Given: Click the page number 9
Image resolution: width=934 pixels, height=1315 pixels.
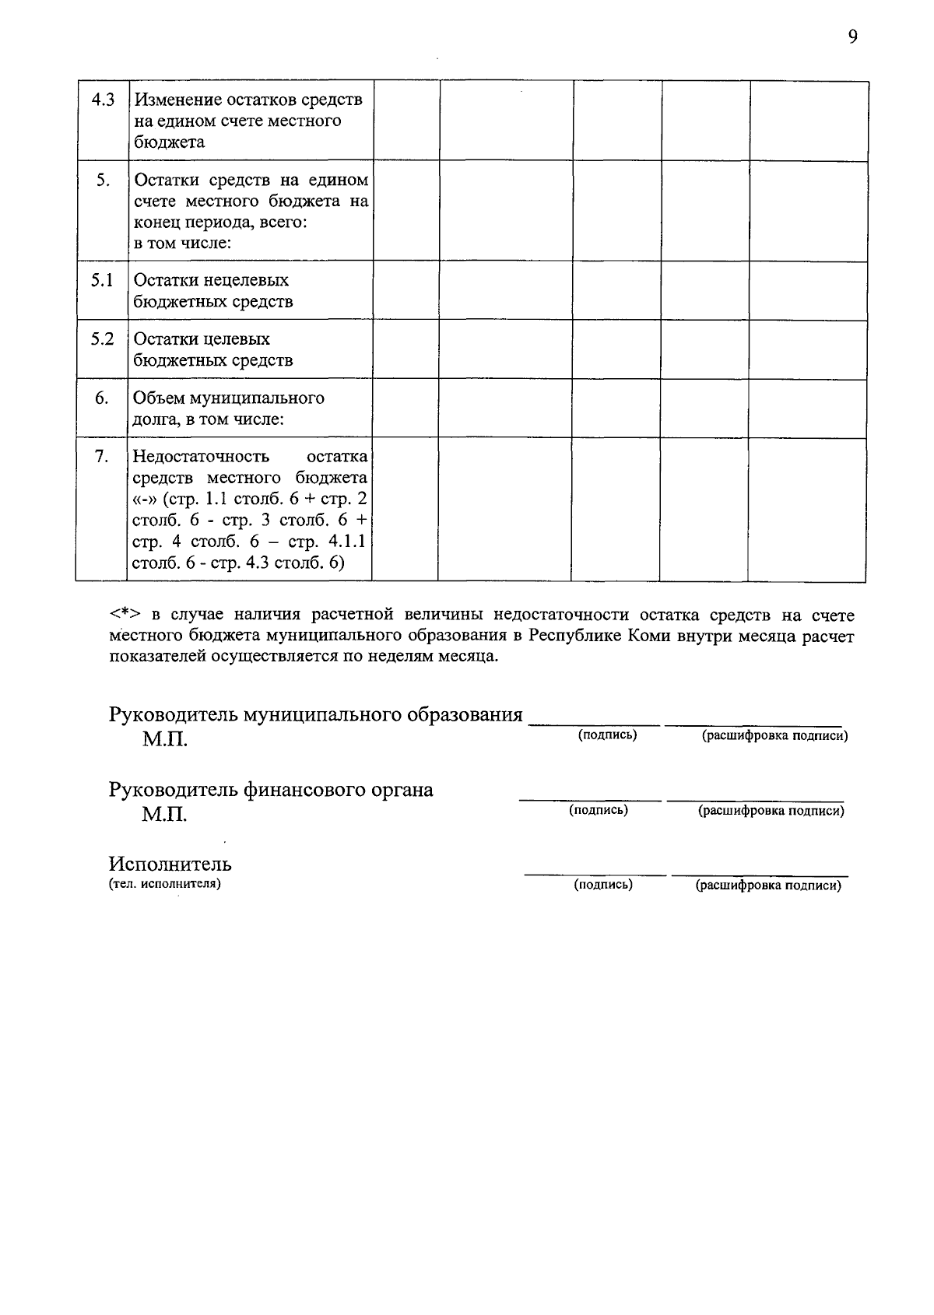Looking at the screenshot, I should click(x=852, y=37).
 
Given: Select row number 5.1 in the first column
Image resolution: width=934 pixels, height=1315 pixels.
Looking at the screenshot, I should click(x=102, y=280).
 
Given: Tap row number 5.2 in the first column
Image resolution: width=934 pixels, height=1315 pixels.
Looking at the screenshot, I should click(x=102, y=339).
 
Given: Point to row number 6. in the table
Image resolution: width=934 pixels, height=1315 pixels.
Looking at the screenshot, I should click(x=102, y=398).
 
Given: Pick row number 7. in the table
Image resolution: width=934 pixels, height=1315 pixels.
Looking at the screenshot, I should click(x=102, y=457).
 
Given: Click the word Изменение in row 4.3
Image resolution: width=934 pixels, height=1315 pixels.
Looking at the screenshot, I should click(x=177, y=100).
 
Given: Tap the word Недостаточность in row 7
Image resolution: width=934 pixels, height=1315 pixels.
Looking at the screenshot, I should click(x=201, y=457).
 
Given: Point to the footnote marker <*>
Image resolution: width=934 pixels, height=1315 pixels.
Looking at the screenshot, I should click(x=124, y=616).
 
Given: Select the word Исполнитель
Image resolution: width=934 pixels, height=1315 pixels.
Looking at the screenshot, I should click(x=170, y=864).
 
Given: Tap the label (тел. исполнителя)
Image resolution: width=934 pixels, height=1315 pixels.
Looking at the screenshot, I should click(x=165, y=883).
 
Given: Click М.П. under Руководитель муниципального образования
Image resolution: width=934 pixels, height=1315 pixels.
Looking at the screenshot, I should click(x=164, y=739).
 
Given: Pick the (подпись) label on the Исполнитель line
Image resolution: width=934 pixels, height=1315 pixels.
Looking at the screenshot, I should click(x=602, y=885).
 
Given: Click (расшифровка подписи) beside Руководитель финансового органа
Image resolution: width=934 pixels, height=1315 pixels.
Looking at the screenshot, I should click(x=771, y=811).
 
